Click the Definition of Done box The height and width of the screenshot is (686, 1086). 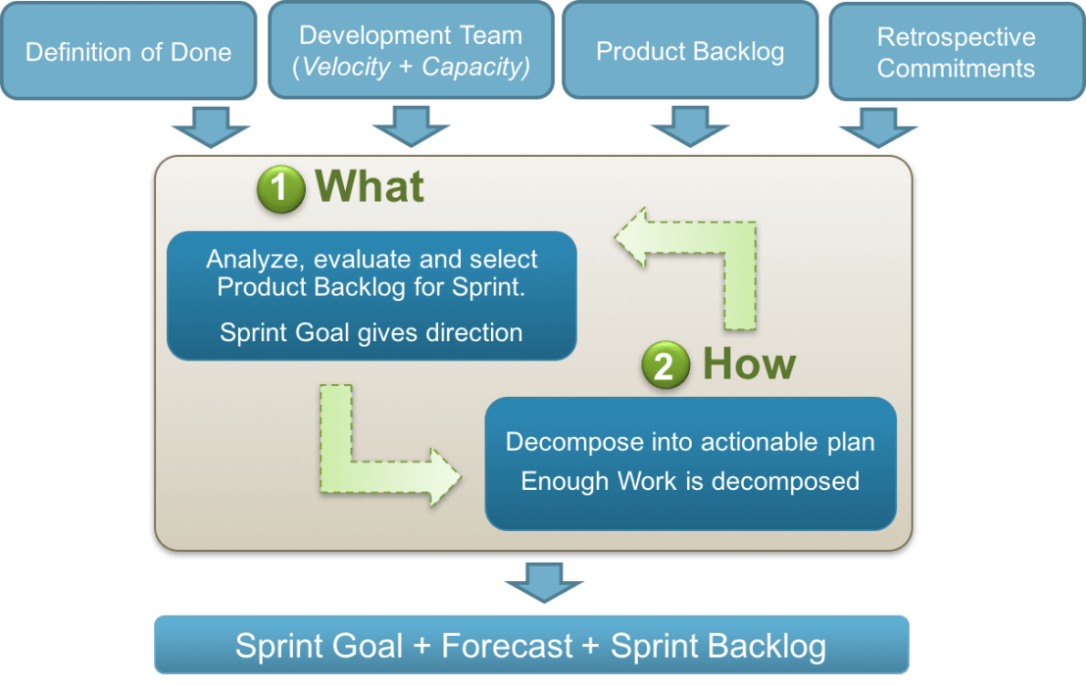pyautogui.click(x=128, y=51)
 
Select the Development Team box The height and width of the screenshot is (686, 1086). pyautogui.click(x=411, y=51)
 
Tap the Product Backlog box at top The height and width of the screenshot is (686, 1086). pyautogui.click(x=690, y=51)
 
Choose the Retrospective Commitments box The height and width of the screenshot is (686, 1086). pyautogui.click(x=956, y=52)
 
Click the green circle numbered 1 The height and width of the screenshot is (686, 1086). pyautogui.click(x=281, y=187)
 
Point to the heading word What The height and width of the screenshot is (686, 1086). pyautogui.click(x=370, y=186)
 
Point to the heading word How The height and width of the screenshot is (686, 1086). pyautogui.click(x=749, y=365)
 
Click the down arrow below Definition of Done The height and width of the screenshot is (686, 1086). pyautogui.click(x=211, y=127)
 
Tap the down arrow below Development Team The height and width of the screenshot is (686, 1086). pyautogui.click(x=411, y=127)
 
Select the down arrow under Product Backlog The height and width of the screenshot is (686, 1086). pyautogui.click(x=690, y=127)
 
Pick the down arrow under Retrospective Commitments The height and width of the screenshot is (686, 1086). pyautogui.click(x=878, y=127)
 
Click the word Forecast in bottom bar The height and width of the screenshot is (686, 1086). pyautogui.click(x=507, y=646)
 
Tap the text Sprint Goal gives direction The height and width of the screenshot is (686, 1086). pyautogui.click(x=371, y=332)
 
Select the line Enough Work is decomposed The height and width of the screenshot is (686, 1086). pyautogui.click(x=690, y=481)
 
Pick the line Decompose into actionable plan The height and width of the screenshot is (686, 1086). pyautogui.click(x=690, y=442)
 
